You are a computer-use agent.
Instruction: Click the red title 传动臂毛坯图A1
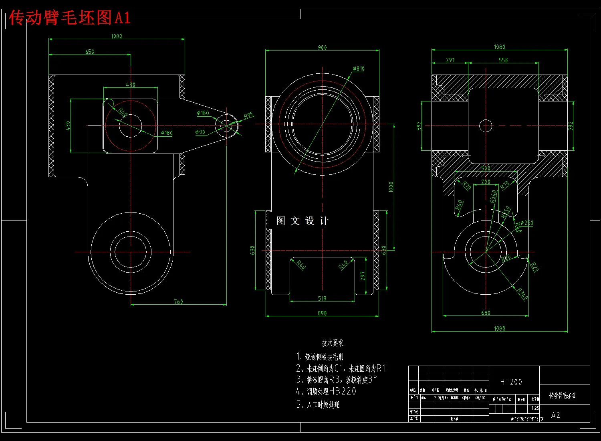(x=70, y=18)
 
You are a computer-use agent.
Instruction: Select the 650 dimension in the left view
(x=90, y=52)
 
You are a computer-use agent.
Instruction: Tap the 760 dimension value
(x=178, y=301)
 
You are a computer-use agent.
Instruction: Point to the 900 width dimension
(x=322, y=48)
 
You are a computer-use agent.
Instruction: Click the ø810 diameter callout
(x=359, y=69)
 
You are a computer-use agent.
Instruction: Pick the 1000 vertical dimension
(x=391, y=187)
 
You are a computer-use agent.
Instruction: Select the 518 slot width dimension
(x=322, y=298)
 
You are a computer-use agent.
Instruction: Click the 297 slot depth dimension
(x=363, y=276)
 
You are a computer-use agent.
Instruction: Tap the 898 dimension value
(x=322, y=313)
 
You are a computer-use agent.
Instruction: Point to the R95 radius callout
(x=249, y=115)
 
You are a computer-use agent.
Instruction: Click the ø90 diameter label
(x=200, y=132)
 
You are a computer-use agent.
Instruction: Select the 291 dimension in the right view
(x=450, y=60)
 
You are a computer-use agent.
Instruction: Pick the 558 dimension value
(x=503, y=60)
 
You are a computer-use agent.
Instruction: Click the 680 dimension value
(x=486, y=313)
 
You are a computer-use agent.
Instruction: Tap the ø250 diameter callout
(x=526, y=223)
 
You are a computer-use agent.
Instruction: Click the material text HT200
(x=511, y=382)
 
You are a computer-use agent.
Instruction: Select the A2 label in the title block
(x=555, y=415)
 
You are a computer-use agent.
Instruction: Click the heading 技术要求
(x=332, y=343)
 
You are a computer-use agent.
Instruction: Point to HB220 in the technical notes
(x=343, y=391)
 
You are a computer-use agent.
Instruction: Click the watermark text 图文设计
(x=303, y=221)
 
